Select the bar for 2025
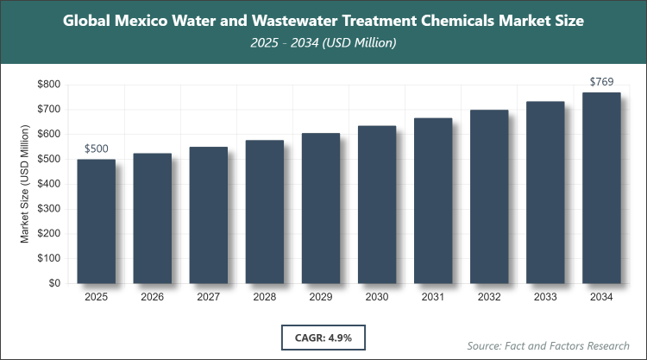click(x=96, y=221)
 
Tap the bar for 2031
click(x=433, y=200)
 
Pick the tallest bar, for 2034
click(x=601, y=187)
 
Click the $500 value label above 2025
click(x=96, y=149)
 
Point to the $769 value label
click(x=601, y=82)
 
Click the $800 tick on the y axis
click(x=47, y=85)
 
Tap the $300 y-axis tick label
click(x=47, y=209)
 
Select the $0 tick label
click(x=53, y=283)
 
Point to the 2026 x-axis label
click(x=152, y=298)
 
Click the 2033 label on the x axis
click(x=545, y=298)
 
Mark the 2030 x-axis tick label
click(x=377, y=298)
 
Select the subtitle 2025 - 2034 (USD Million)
click(x=323, y=41)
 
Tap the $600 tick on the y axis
click(x=47, y=135)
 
